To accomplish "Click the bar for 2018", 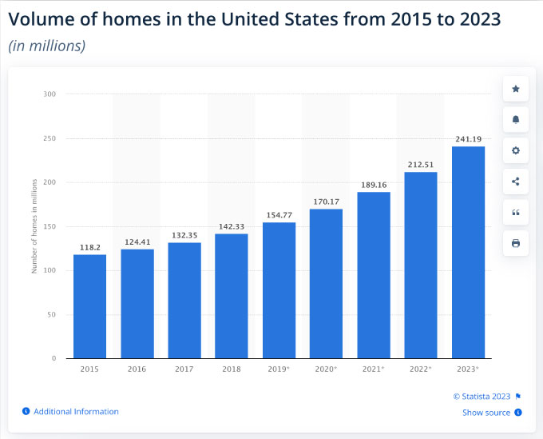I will click(232, 296).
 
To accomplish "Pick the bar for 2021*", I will click(373, 275).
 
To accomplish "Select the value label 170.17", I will click(326, 201).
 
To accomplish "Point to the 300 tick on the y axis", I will click(50, 94).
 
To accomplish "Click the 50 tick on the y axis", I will click(51, 314).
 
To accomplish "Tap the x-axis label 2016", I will click(137, 369).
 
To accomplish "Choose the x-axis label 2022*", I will click(421, 369).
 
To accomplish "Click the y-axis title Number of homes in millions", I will click(34, 226).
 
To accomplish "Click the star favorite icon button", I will click(516, 89).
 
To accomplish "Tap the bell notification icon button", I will click(516, 120).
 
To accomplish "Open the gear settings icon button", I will click(516, 150).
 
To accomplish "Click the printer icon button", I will click(516, 243).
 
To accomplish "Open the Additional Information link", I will click(76, 412).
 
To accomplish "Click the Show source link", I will click(486, 413).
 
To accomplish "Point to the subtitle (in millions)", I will click(46, 46).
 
